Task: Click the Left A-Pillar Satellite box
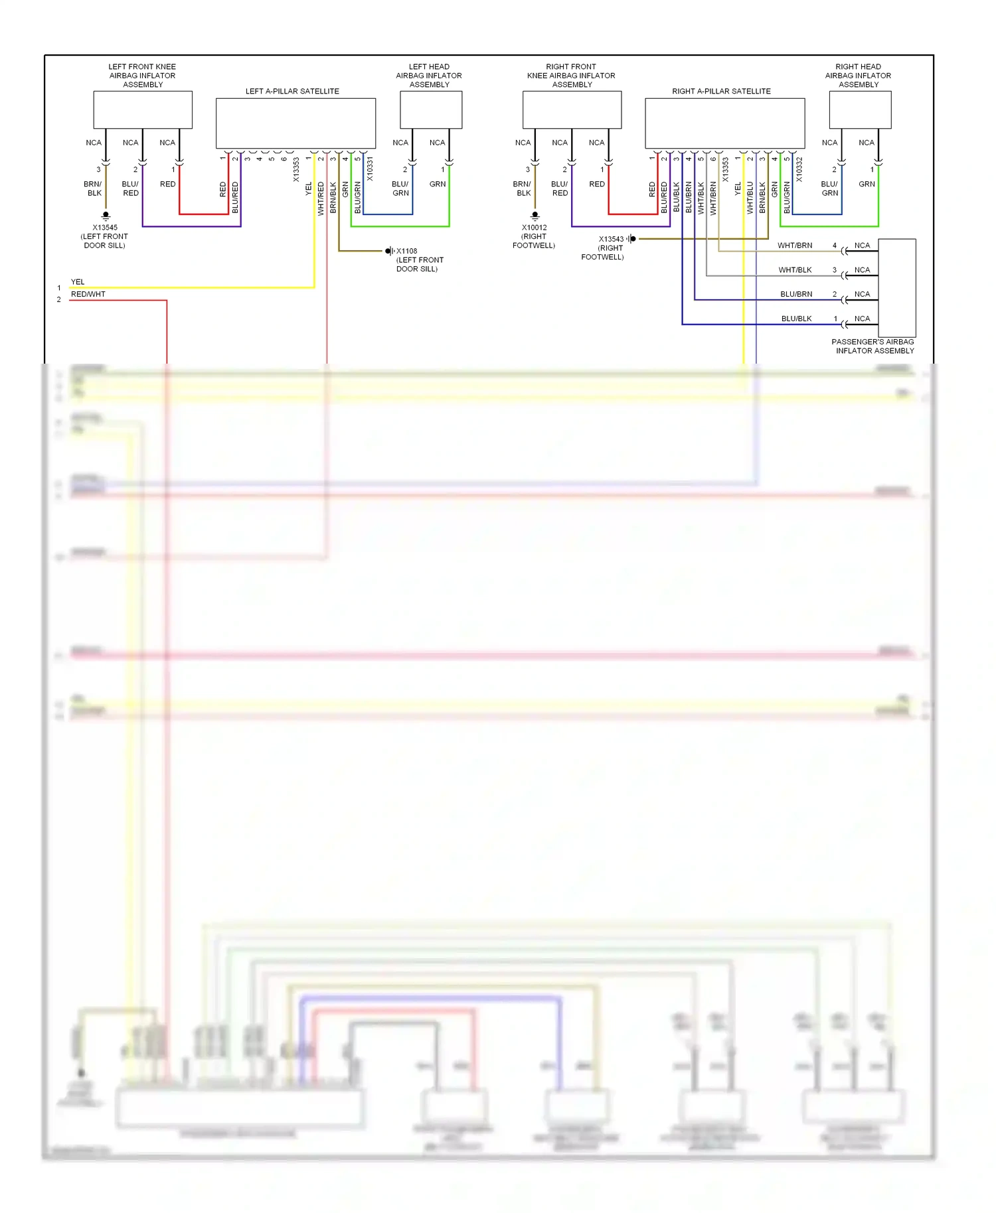295,123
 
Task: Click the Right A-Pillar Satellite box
724,123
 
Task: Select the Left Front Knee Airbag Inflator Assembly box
143,109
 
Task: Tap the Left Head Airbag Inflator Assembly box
431,109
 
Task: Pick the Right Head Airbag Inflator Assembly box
860,109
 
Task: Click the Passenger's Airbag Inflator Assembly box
897,288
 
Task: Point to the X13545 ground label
105,228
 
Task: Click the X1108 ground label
407,251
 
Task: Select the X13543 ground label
611,239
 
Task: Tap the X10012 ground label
534,228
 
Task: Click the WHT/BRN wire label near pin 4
795,246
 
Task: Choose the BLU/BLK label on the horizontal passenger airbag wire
796,319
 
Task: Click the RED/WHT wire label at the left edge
88,294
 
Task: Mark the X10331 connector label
370,169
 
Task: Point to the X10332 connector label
799,169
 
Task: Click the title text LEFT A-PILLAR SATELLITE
292,91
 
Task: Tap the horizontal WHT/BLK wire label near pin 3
795,270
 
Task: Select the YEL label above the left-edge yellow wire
78,282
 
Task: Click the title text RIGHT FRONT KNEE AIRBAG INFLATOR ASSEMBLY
571,76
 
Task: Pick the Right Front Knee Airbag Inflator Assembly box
572,109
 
